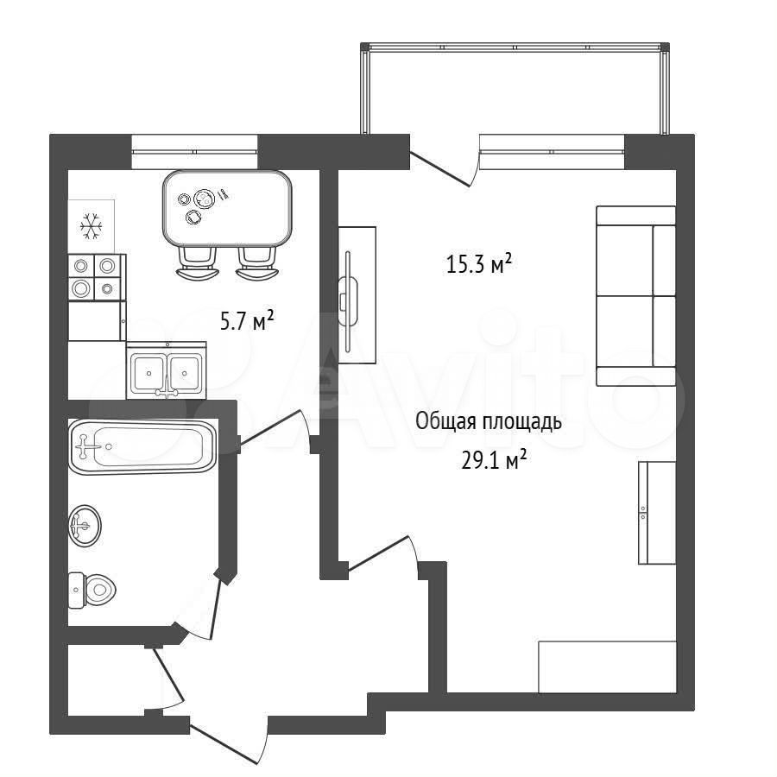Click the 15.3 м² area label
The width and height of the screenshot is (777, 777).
pyautogui.click(x=478, y=263)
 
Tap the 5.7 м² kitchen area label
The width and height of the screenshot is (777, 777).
pyautogui.click(x=247, y=321)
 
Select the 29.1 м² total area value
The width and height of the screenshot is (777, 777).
pyautogui.click(x=494, y=460)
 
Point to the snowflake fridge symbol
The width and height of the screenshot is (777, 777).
pyautogui.click(x=92, y=226)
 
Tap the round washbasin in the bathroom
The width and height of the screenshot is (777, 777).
pyautogui.click(x=85, y=526)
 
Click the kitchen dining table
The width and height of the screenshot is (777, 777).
pyautogui.click(x=227, y=209)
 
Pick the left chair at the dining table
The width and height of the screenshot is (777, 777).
pyautogui.click(x=198, y=263)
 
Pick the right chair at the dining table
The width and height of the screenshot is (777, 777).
pyautogui.click(x=256, y=263)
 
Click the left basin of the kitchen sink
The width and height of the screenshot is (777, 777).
pyautogui.click(x=148, y=373)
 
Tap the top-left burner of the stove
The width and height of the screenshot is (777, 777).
pyautogui.click(x=81, y=267)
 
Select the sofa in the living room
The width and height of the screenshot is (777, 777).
pyautogui.click(x=636, y=296)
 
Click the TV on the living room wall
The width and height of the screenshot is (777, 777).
pyautogui.click(x=348, y=295)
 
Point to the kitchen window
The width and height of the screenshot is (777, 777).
pyautogui.click(x=194, y=152)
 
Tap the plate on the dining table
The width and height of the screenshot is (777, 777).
pyautogui.click(x=204, y=199)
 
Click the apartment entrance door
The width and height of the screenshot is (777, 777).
pyautogui.click(x=229, y=738)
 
